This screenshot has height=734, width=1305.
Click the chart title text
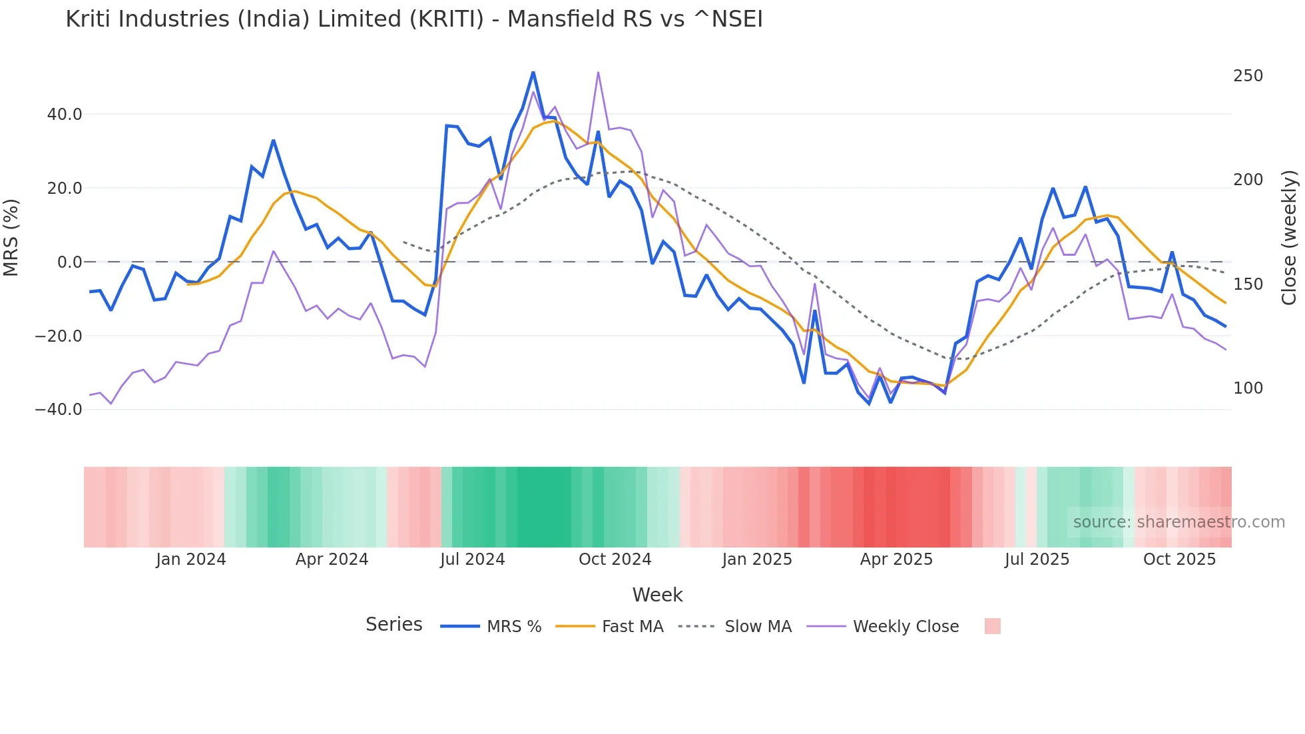[x=413, y=19]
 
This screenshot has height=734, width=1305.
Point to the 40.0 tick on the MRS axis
[x=65, y=115]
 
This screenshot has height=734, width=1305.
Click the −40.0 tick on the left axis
[x=59, y=410]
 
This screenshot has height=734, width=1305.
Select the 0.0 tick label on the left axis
[x=69, y=262]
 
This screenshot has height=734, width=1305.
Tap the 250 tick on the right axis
[x=1248, y=76]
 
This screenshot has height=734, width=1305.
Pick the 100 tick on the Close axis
[x=1248, y=388]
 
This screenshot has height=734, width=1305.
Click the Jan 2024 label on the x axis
[x=191, y=559]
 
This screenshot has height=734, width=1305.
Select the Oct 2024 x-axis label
[x=615, y=559]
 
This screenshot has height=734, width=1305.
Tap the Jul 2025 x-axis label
[x=1037, y=559]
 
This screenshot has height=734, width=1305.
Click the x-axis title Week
[x=657, y=595]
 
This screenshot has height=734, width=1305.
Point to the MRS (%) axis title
[x=11, y=237]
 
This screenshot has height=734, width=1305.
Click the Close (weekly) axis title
[x=1289, y=237]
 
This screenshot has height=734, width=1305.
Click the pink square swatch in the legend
[x=992, y=626]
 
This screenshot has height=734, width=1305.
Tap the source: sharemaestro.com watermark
[x=1178, y=522]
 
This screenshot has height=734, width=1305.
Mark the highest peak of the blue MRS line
[x=533, y=73]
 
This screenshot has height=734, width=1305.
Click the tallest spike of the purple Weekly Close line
[x=598, y=73]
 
